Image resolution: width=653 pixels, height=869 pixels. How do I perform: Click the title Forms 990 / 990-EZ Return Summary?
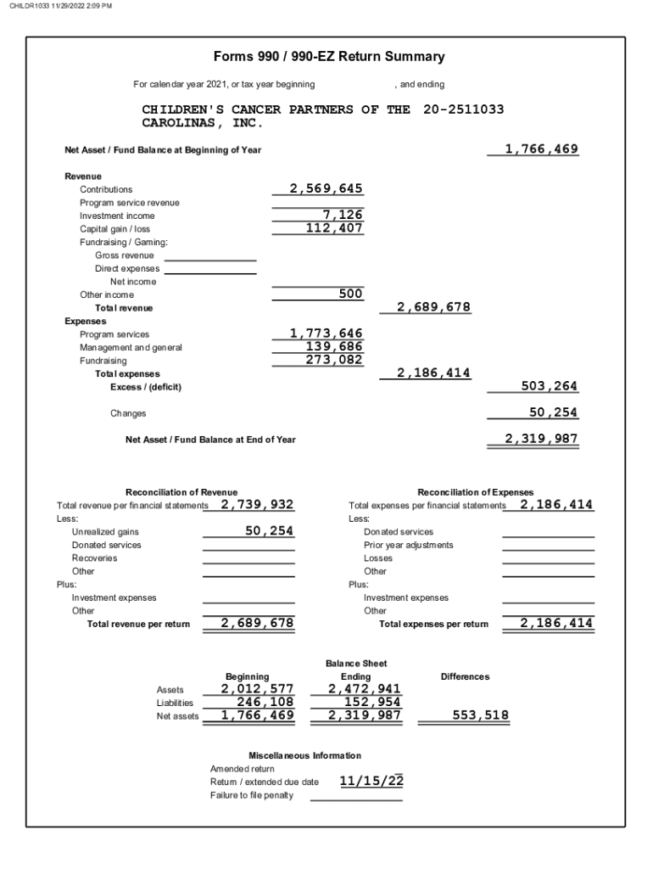click(329, 57)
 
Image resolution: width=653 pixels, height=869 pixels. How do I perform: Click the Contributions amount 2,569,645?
click(326, 188)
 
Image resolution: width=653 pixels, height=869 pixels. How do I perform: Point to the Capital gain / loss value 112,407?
click(334, 228)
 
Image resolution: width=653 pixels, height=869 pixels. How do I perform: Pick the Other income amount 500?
click(350, 294)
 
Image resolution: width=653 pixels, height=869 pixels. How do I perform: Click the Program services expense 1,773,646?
click(326, 334)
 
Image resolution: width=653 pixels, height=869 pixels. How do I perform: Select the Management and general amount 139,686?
click(334, 347)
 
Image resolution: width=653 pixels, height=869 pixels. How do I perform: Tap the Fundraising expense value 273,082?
click(334, 360)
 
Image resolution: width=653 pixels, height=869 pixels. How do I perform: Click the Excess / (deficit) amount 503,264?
click(549, 386)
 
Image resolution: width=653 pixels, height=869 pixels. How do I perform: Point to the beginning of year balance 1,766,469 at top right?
click(541, 149)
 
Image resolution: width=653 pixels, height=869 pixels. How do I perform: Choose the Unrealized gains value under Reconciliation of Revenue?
click(269, 531)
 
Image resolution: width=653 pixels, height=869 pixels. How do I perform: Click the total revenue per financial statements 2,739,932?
click(257, 505)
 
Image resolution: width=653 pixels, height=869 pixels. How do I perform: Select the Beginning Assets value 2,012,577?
click(257, 689)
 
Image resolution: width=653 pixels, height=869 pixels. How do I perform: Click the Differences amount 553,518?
click(480, 715)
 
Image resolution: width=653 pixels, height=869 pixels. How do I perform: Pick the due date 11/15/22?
click(371, 781)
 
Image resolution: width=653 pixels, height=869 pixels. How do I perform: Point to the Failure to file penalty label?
click(252, 795)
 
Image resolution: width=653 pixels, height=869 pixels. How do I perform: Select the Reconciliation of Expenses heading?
click(476, 492)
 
